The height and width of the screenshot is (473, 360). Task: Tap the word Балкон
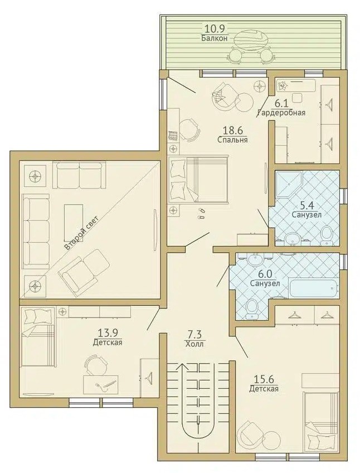coord(215,38)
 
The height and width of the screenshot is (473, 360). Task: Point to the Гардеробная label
coord(281,113)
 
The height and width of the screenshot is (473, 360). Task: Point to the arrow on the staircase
coord(182,367)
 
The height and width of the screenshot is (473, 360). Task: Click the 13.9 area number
coord(108,333)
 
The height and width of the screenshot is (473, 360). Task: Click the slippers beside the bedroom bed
coord(201,213)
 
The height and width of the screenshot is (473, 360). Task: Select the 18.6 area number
coord(233,131)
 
